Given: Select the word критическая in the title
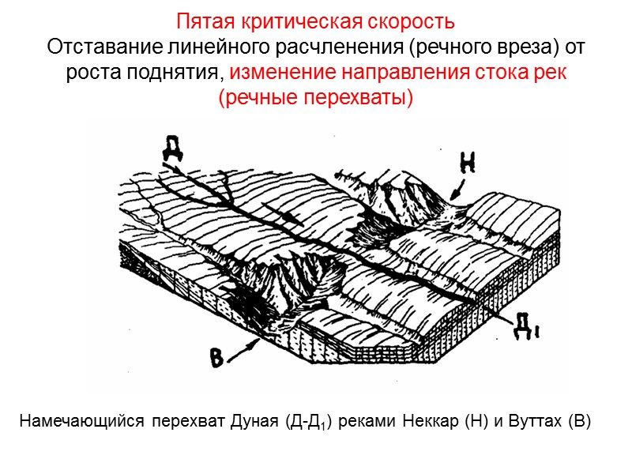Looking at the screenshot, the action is pos(290,20).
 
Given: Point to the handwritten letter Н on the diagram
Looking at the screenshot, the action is pos(467,164).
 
